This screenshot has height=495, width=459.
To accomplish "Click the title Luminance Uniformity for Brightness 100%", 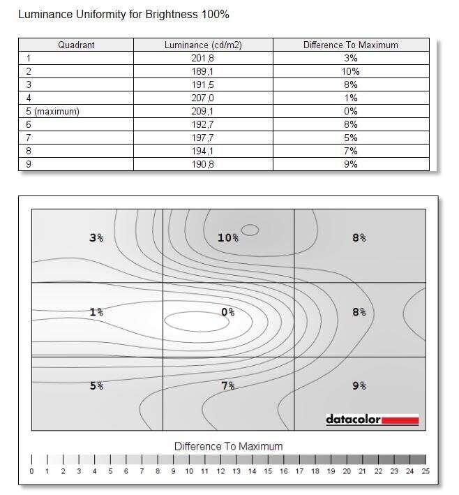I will (x=123, y=14).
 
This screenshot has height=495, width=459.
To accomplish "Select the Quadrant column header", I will (x=76, y=45).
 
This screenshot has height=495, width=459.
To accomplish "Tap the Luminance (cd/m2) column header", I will (x=202, y=45).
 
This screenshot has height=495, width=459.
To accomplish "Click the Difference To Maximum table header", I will (x=350, y=45).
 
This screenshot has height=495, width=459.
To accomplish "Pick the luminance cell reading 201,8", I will (x=202, y=59).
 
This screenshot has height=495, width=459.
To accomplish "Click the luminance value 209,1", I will (x=202, y=111).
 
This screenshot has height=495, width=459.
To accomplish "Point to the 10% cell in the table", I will (x=350, y=71).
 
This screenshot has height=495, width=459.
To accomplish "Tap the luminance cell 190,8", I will (x=202, y=164).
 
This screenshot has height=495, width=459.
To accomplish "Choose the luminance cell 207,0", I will (x=202, y=98).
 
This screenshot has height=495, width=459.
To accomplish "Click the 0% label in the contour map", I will (x=227, y=312).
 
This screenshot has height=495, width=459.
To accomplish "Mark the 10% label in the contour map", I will (x=227, y=238).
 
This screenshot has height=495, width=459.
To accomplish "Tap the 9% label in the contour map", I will (x=359, y=385).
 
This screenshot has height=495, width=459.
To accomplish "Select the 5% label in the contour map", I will (x=96, y=385).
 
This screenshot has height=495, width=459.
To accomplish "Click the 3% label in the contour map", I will (x=96, y=238).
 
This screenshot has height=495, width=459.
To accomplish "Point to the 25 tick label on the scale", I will (x=426, y=472).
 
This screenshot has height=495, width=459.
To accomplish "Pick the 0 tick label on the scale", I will (x=31, y=472).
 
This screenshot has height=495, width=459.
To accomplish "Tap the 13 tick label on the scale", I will (x=236, y=472).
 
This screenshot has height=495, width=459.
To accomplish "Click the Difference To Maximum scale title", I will (x=228, y=446).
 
